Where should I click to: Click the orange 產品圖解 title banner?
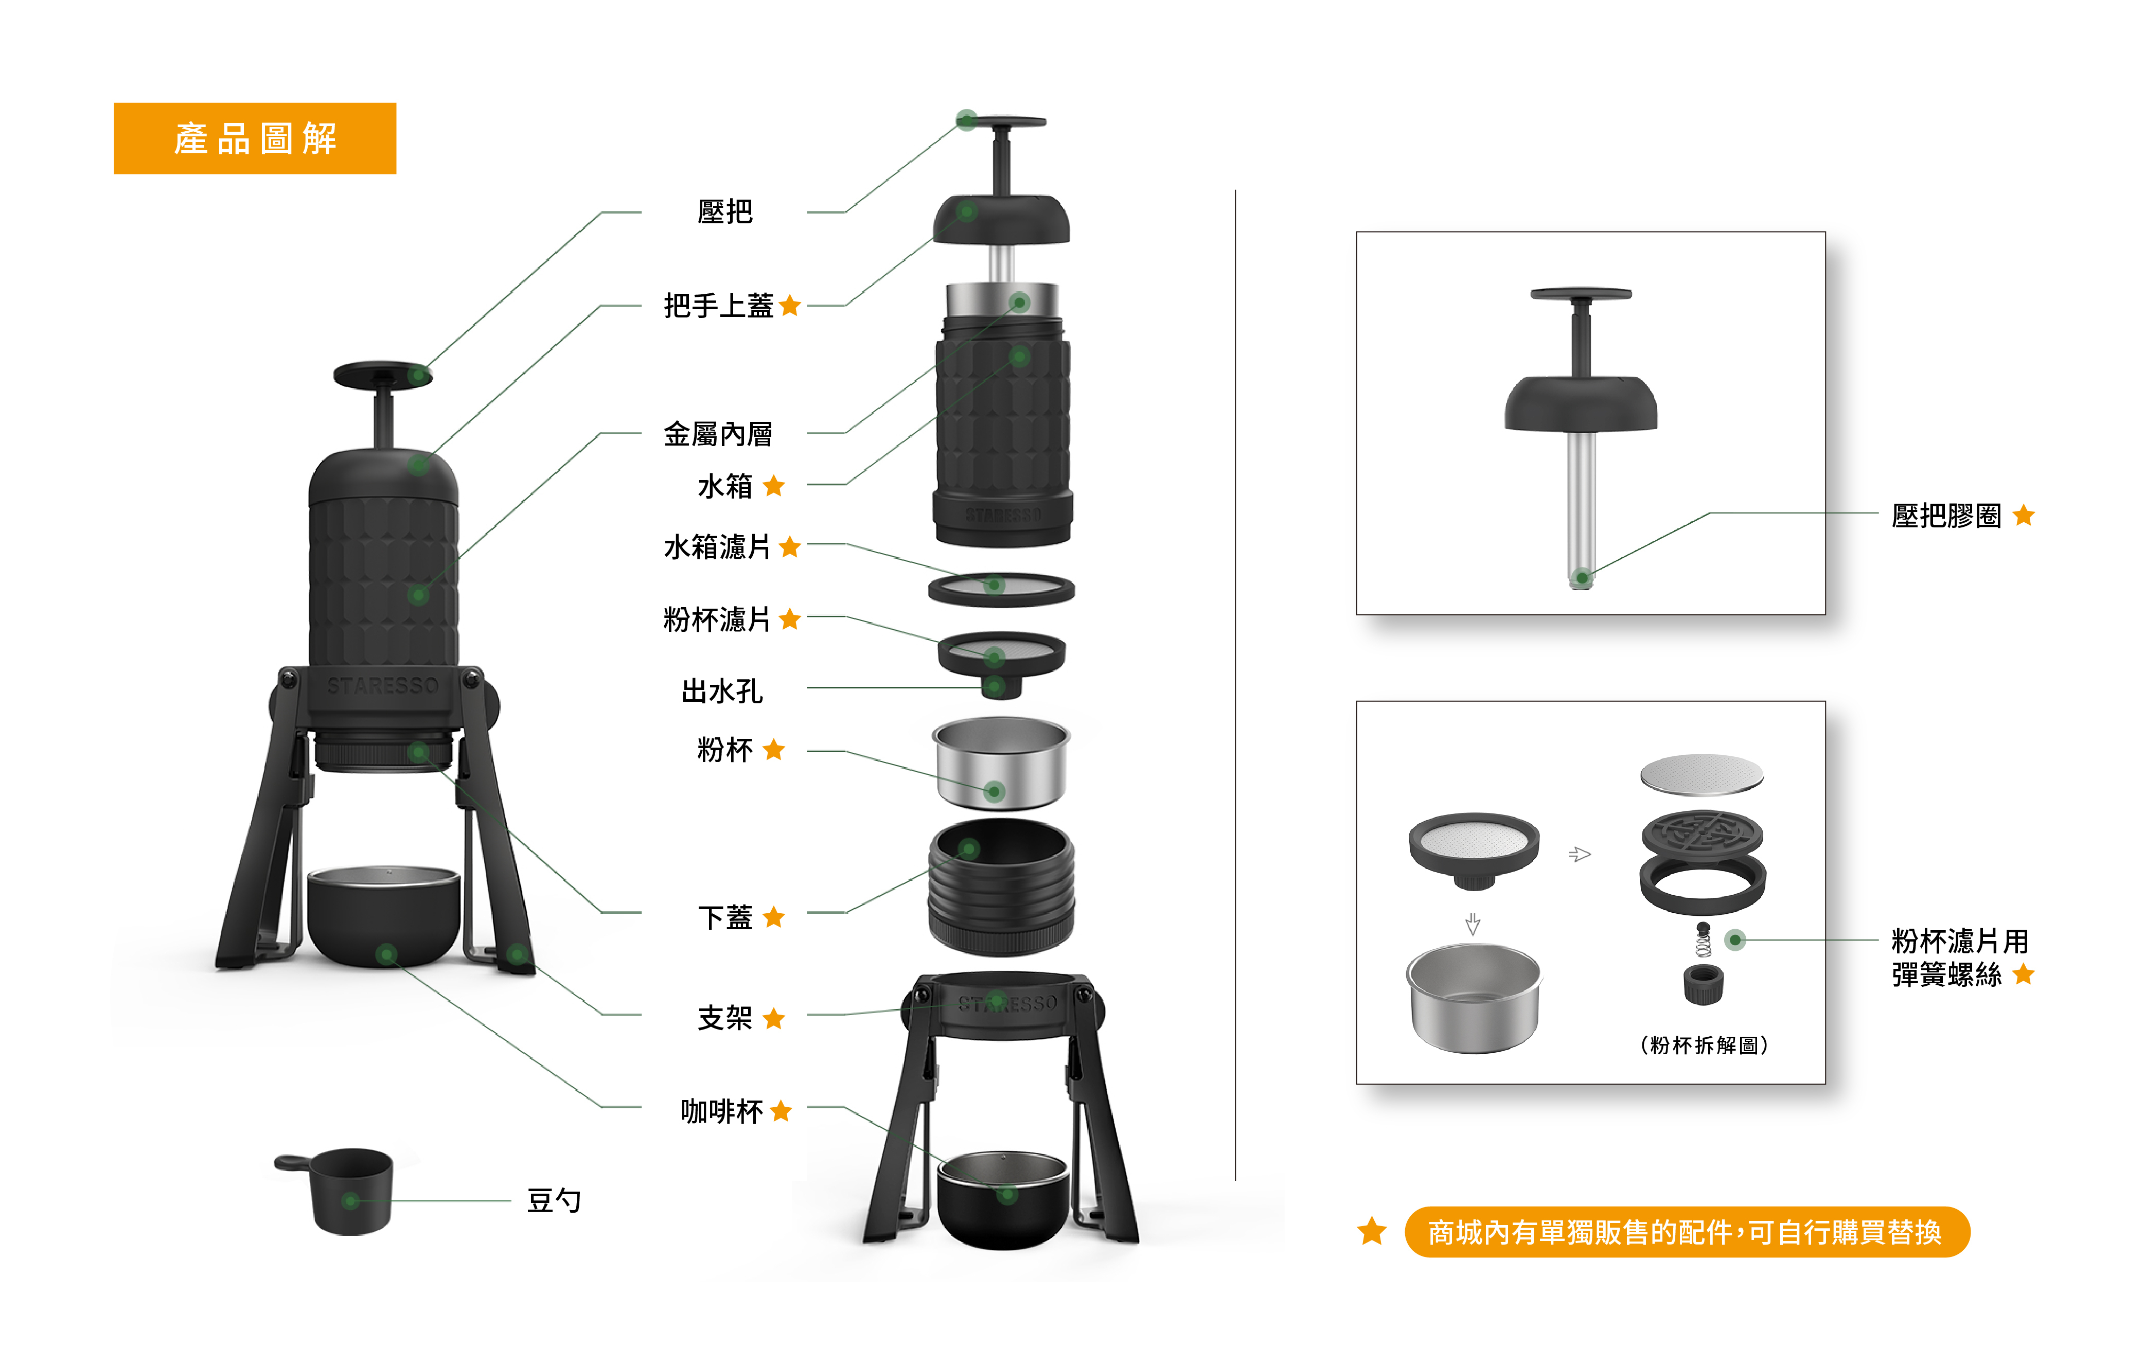click(255, 138)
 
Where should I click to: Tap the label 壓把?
click(725, 212)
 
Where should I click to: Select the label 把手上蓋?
click(718, 306)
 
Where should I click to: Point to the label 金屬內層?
click(718, 434)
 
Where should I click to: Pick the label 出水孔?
click(721, 690)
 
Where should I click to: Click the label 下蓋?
click(725, 916)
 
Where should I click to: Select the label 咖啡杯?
click(721, 1110)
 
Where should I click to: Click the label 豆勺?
click(554, 1200)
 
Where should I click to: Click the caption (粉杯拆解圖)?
click(1703, 1044)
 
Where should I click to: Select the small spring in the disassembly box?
click(1703, 940)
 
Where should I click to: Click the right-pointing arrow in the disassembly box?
click(1579, 855)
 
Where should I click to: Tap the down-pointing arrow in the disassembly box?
click(1473, 924)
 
